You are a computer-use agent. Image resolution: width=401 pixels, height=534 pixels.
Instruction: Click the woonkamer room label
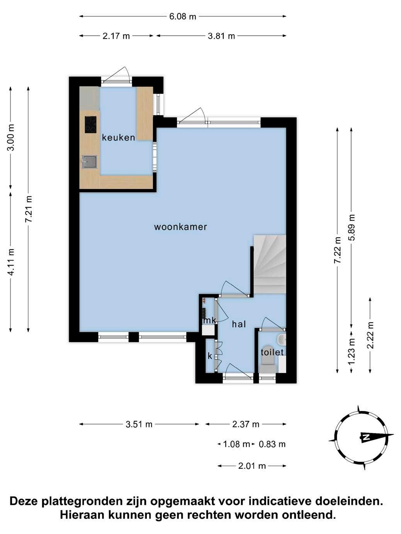click(180, 227)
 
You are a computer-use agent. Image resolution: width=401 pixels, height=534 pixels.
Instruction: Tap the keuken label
click(118, 137)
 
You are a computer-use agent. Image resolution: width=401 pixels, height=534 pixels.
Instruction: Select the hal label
click(239, 324)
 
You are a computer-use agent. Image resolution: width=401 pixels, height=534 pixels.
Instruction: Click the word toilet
click(272, 352)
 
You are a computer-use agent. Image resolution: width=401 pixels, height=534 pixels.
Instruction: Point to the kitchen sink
click(89, 162)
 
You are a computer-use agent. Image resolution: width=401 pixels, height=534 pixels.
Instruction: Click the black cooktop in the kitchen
click(90, 124)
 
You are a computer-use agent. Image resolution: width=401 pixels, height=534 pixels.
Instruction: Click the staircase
click(270, 264)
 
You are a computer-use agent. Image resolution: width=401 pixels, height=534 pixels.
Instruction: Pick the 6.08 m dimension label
click(183, 17)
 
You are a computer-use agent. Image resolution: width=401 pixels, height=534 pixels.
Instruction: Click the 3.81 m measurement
click(221, 36)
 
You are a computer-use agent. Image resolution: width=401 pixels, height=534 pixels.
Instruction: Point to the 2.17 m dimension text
click(116, 36)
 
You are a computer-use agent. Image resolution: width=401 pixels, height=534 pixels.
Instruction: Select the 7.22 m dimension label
click(337, 250)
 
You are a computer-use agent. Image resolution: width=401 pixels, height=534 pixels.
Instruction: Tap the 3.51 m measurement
click(139, 424)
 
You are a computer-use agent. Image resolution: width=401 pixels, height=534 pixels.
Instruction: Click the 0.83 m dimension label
click(272, 444)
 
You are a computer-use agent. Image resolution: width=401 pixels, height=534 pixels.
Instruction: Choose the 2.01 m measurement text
click(252, 466)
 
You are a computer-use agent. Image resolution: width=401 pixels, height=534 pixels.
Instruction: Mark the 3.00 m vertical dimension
click(11, 137)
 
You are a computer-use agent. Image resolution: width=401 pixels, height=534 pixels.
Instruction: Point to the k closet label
click(210, 356)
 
